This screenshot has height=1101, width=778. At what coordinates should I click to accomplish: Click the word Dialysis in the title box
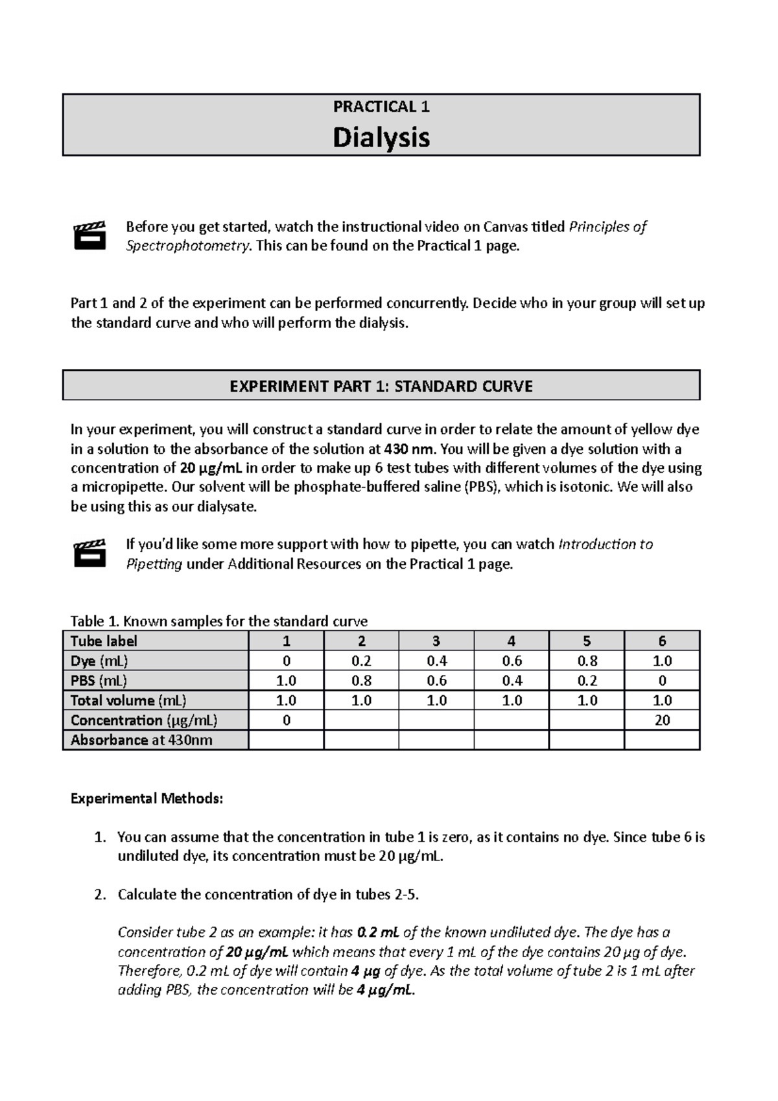[x=381, y=137]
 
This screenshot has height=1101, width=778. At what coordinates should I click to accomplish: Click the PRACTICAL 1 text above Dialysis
[x=381, y=107]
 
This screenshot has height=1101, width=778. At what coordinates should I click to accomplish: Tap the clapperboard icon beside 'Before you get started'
[x=89, y=235]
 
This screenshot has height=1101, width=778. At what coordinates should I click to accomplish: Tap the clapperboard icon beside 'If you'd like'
[x=89, y=553]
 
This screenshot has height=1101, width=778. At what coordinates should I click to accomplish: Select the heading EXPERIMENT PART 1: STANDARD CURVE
[x=381, y=386]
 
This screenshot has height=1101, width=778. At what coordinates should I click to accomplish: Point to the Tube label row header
[x=104, y=641]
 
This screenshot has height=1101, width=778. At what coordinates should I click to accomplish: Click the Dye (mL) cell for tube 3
[x=436, y=661]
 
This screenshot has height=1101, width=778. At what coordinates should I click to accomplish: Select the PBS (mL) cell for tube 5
[x=587, y=680]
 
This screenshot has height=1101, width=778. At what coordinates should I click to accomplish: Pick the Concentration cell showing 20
[x=662, y=720]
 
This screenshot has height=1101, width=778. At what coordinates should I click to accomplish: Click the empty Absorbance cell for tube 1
[x=286, y=740]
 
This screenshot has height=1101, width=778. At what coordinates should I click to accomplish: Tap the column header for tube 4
[x=512, y=641]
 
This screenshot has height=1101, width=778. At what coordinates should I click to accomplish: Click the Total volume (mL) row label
[x=128, y=700]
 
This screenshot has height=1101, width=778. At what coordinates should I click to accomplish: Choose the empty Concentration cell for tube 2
[x=361, y=720]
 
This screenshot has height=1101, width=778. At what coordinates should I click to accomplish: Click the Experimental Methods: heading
[x=147, y=798]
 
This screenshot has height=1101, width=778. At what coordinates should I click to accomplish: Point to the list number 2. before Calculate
[x=99, y=895]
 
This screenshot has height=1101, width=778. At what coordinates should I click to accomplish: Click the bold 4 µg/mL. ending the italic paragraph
[x=385, y=990]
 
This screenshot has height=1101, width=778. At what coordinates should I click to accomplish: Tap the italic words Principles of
[x=607, y=226]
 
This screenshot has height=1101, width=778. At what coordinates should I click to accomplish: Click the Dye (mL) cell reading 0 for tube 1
[x=286, y=661]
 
